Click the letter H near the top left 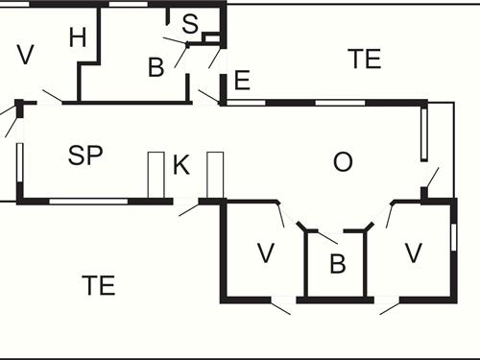79,37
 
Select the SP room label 85,156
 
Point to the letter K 181,165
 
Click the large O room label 342,162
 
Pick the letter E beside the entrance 242,81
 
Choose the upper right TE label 364,59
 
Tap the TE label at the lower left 98,285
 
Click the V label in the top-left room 25,55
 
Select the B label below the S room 156,67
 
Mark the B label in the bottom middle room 337,265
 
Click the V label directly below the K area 266,254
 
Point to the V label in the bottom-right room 413,253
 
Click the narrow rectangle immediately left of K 156,175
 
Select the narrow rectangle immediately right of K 214,175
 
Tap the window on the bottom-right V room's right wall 453,235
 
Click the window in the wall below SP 88,201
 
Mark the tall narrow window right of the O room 423,132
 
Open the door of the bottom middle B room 324,234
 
